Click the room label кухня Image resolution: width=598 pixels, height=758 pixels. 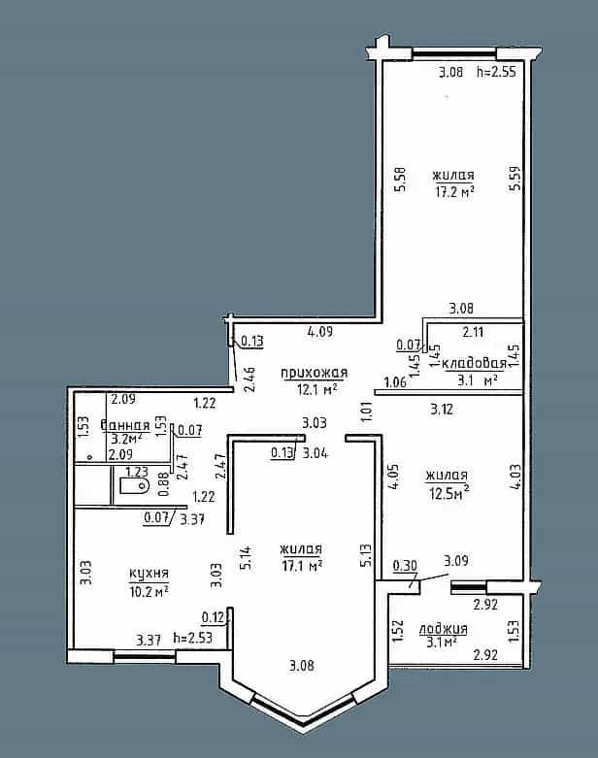pyautogui.click(x=149, y=574)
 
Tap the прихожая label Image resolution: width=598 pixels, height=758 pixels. pyautogui.click(x=315, y=373)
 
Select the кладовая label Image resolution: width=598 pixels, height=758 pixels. pyautogui.click(x=475, y=363)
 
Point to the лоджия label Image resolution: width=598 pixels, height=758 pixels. pyautogui.click(x=444, y=629)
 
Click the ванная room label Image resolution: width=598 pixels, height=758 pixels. pyautogui.click(x=125, y=425)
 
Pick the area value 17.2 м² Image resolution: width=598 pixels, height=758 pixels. pyautogui.click(x=454, y=192)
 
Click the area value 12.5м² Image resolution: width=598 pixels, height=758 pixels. pyautogui.click(x=449, y=493)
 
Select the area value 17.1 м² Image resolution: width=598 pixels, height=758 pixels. pyautogui.click(x=302, y=565)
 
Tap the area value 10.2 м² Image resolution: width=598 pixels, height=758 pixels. pyautogui.click(x=149, y=591)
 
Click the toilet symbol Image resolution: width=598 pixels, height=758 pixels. pyautogui.click(x=133, y=486)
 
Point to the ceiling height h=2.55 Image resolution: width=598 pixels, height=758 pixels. pyautogui.click(x=496, y=72)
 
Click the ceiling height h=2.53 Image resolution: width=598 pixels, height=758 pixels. pyautogui.click(x=192, y=638)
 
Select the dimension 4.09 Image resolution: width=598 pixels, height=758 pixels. pyautogui.click(x=320, y=332)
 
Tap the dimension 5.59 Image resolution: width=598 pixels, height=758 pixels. pyautogui.click(x=515, y=178)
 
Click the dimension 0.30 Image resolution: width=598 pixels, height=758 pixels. pyautogui.click(x=405, y=565)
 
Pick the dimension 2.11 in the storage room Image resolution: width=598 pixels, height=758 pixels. pyautogui.click(x=473, y=332)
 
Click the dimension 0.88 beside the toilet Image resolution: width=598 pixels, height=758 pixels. pyautogui.click(x=164, y=484)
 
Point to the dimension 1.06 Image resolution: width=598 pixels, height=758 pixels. pyautogui.click(x=395, y=382)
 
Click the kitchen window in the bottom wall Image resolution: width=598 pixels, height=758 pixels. pyautogui.click(x=144, y=655)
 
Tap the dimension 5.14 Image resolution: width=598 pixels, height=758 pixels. pyautogui.click(x=247, y=558)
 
